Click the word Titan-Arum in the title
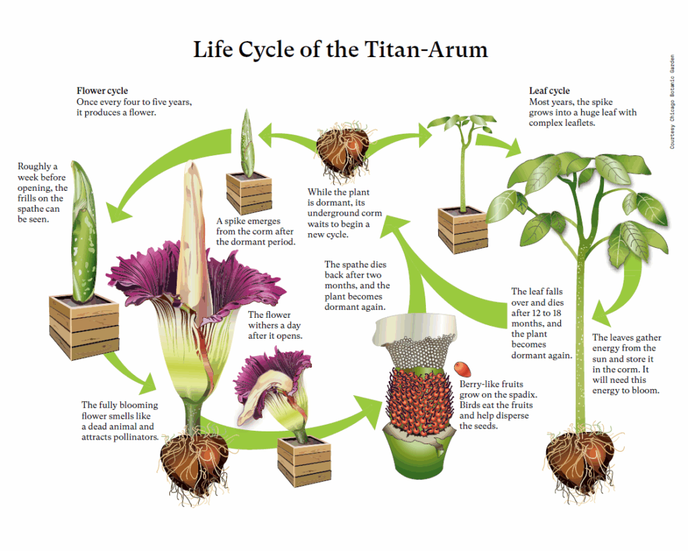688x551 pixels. click(x=422, y=50)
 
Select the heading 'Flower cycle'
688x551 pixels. click(x=102, y=91)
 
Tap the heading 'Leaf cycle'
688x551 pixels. click(x=549, y=91)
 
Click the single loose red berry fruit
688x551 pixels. click(x=462, y=369)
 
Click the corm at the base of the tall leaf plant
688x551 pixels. click(x=580, y=458)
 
